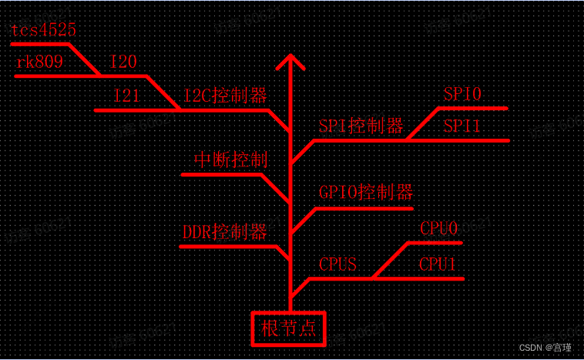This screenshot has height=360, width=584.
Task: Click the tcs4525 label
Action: point(44,30)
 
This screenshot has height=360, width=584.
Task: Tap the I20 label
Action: point(125,62)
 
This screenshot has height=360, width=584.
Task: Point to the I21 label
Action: point(127,96)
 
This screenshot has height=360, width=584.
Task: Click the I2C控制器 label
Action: point(225,96)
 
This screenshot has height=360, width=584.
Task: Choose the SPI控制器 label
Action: point(361,126)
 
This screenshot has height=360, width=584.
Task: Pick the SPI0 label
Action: point(462,94)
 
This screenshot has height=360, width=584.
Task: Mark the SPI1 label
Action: point(462,126)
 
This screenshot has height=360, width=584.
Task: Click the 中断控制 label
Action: point(230,160)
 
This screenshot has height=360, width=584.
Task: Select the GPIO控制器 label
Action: point(366,193)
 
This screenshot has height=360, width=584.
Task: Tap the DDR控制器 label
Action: point(224,231)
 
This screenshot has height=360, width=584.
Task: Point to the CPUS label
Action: point(337,264)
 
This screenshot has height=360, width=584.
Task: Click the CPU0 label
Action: point(439,229)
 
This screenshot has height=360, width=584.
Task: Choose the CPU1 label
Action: point(438,264)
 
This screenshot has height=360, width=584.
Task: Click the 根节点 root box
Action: point(289,328)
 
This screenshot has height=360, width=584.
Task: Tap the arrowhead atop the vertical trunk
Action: point(290,62)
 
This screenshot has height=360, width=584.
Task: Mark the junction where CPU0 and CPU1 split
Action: point(374,278)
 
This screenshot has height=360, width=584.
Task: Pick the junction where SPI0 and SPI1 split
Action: point(408,140)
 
